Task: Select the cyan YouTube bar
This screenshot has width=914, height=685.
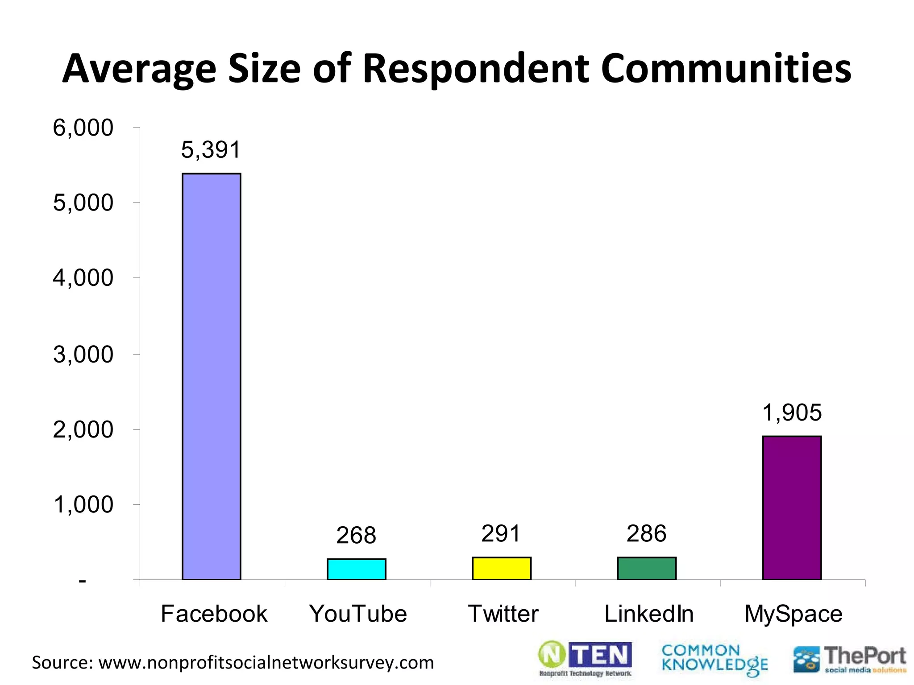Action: [356, 569]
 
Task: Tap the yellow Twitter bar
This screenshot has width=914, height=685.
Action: [501, 568]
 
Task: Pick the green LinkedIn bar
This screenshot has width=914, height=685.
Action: [646, 568]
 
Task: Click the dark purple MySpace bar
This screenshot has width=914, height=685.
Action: [791, 508]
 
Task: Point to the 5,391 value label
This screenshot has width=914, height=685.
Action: [211, 149]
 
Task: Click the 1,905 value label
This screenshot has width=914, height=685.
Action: [791, 412]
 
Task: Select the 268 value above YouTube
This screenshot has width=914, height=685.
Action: [356, 535]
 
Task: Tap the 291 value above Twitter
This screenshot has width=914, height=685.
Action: [501, 533]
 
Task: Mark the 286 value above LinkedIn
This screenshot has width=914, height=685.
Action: [646, 533]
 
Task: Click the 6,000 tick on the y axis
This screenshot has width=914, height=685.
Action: [83, 128]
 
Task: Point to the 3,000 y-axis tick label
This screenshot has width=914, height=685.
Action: [83, 355]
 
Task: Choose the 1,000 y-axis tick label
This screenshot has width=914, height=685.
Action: [83, 505]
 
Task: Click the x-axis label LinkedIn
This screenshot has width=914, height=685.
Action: [648, 614]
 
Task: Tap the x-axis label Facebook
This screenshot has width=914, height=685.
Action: [214, 614]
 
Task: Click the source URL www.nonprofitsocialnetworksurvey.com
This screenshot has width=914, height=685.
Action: [266, 663]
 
